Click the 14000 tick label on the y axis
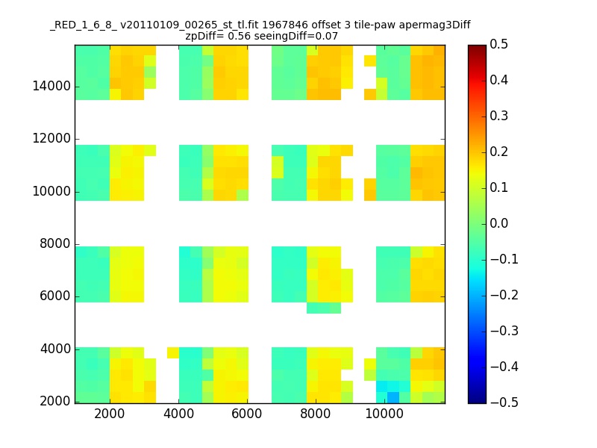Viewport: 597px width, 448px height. pos(51,87)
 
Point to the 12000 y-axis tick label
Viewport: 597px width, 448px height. pos(51,139)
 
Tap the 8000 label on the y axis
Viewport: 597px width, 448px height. pos(54,244)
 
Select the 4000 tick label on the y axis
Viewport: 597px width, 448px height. pos(54,349)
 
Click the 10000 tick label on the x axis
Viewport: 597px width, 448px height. pos(385,414)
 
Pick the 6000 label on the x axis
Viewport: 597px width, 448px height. pos(247,414)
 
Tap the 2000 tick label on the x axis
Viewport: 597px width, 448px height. pos(110,414)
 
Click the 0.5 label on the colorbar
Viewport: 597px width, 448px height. pos(499,45)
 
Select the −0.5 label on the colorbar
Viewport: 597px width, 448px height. pos(496,402)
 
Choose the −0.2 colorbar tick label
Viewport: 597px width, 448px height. pos(496,295)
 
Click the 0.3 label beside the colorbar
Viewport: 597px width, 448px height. pos(499,116)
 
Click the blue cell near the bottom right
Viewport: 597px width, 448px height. pos(393,396)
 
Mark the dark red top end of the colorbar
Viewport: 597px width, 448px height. pos(477,47)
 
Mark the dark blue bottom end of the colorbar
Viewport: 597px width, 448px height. pos(477,400)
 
